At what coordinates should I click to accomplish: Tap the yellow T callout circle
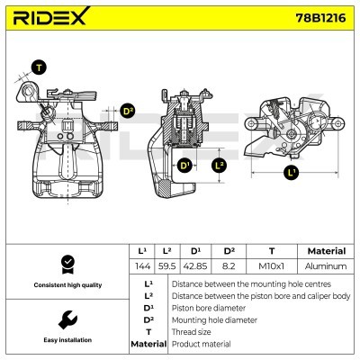(x=38, y=67)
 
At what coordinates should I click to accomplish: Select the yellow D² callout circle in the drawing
(x=127, y=111)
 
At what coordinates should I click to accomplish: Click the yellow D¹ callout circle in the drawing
(x=184, y=166)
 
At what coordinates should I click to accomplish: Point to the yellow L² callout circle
(x=220, y=166)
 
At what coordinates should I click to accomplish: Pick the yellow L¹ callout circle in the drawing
(x=291, y=171)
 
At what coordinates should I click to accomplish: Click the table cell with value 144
(x=142, y=267)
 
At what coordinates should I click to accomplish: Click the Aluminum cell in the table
(x=326, y=267)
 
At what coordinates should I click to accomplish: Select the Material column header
(x=326, y=251)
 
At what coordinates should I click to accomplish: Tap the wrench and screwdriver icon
(x=66, y=319)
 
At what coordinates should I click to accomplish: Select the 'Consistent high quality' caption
(x=66, y=285)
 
